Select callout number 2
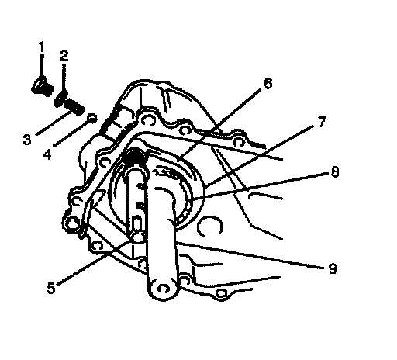click(64, 56)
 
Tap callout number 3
click(27, 140)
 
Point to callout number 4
click(47, 154)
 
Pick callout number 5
click(51, 288)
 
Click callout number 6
click(268, 84)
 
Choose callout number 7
click(322, 122)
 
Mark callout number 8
click(335, 171)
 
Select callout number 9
click(333, 268)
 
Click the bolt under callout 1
click(43, 87)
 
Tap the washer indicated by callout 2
click(61, 99)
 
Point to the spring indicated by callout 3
click(74, 108)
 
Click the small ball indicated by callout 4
click(92, 118)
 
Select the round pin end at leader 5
click(137, 237)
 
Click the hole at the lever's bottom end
click(163, 289)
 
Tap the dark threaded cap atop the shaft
click(135, 156)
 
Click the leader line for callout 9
click(249, 254)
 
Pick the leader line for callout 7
click(261, 156)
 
